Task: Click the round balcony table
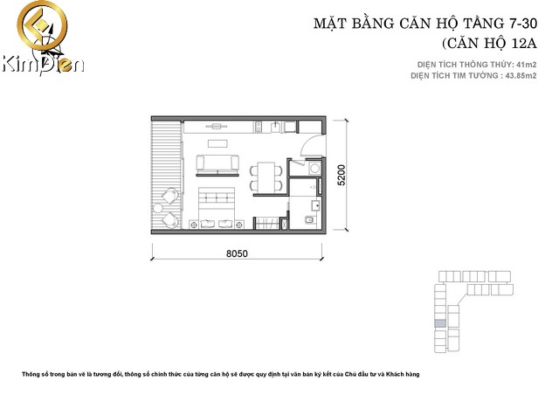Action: tap(167, 203)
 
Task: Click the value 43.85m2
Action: tap(515, 76)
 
